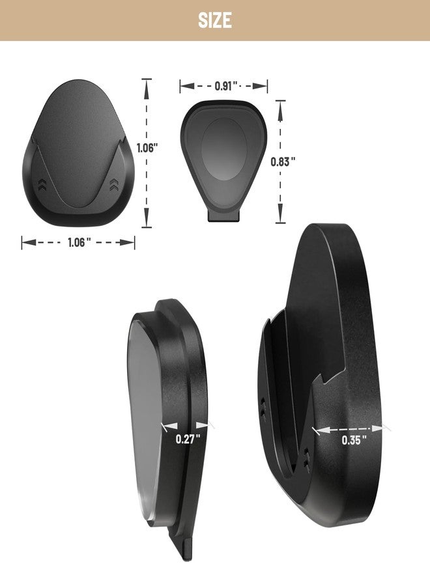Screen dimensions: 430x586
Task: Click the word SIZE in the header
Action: click(214, 20)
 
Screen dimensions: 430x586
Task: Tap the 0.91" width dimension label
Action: click(226, 87)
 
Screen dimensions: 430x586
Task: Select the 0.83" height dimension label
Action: click(283, 162)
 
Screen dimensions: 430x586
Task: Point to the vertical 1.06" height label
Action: click(145, 148)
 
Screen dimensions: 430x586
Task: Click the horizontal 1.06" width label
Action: click(79, 243)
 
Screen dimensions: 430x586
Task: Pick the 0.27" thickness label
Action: click(188, 439)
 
